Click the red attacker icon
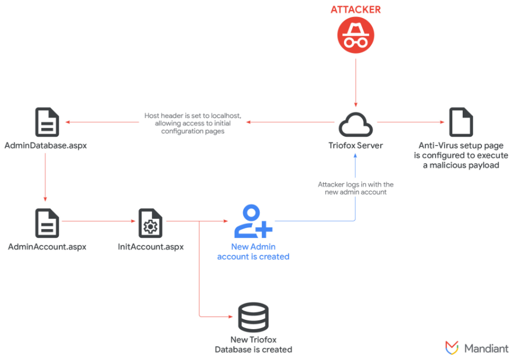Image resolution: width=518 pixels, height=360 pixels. coord(356,36)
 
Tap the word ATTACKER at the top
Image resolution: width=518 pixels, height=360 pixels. coord(356,9)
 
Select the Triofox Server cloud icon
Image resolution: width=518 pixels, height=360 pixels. coord(356,123)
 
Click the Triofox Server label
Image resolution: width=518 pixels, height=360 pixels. coord(356,145)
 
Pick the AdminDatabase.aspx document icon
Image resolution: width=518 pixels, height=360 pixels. coord(47,122)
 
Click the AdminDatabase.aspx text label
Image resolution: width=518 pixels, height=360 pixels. coord(45,145)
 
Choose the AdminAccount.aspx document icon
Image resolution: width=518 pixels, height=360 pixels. coord(47,222)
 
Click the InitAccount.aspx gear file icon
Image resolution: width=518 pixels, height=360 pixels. coord(151,222)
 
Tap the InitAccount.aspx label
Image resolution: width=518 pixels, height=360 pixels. coord(151,247)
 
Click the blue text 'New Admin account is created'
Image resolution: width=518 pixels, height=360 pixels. coord(253,252)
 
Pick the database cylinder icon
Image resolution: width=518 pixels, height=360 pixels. coord(253,318)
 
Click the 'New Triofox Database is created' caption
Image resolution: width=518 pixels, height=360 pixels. coord(253,344)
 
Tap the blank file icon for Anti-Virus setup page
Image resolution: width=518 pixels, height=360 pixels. coord(460,122)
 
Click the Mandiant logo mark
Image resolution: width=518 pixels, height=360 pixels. coord(452,347)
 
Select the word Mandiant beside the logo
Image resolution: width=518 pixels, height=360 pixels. coord(486,348)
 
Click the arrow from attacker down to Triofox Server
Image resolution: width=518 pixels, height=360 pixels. coord(356,81)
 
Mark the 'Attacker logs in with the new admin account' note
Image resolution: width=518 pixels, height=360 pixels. coord(356,188)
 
